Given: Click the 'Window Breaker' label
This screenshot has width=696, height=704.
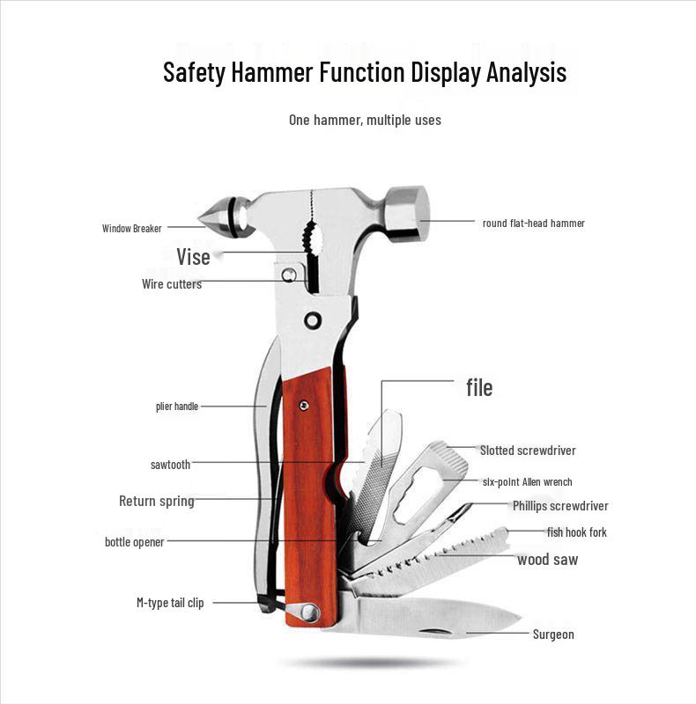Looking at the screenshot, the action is coord(131,229).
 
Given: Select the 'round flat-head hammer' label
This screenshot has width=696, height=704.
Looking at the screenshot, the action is coord(533,224).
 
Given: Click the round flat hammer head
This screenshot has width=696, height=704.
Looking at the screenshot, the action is coord(405,213).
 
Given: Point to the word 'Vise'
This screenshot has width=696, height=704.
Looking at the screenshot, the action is coord(193,257).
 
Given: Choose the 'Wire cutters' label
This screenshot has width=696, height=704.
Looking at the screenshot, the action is coord(172,284).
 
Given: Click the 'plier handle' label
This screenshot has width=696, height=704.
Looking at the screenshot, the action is coord(177,407).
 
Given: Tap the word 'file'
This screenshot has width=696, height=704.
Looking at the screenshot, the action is coord(479,387).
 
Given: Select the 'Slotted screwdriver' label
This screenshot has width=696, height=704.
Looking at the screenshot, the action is coord(528,451).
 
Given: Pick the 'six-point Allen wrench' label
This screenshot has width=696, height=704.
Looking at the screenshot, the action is coord(527,482).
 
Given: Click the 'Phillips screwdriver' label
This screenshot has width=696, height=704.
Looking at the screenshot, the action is coord(560,506).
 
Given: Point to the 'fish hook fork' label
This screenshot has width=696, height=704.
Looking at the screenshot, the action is coord(576,532).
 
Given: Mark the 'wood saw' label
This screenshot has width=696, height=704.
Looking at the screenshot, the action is coord(547,560).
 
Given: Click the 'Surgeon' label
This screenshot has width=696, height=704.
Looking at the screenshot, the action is coord(553,634).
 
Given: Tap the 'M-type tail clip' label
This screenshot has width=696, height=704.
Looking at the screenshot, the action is coord(170,603).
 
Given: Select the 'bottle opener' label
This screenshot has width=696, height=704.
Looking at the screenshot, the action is coord(134,542).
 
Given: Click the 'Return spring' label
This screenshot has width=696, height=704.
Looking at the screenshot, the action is coord(156,501).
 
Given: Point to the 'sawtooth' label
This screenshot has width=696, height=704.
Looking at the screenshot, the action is coord(170,465).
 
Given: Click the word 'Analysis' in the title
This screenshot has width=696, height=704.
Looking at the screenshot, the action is coord(526,72).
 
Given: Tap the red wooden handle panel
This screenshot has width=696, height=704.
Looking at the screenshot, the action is coord(309,493).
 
